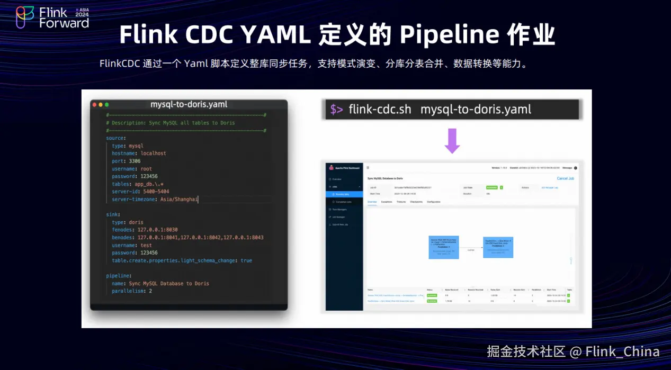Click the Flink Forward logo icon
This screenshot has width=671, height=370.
click(x=25, y=17)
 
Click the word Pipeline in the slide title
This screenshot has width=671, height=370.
click(x=450, y=35)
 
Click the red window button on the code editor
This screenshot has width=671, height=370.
click(x=95, y=105)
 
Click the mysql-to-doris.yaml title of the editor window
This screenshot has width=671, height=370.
click(x=189, y=104)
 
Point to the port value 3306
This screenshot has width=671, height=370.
click(x=135, y=161)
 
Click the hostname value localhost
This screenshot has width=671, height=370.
click(x=153, y=154)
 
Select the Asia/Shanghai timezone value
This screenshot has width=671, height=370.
click(x=179, y=200)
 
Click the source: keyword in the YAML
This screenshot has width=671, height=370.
click(x=116, y=138)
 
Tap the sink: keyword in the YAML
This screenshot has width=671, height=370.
click(x=113, y=214)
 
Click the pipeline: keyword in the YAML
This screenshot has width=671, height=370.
click(x=119, y=276)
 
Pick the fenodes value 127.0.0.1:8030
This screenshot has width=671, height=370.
click(x=158, y=230)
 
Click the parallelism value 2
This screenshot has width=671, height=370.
click(x=150, y=291)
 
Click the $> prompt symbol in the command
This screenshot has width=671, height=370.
click(x=336, y=110)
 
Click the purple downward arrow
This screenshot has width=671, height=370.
click(x=452, y=141)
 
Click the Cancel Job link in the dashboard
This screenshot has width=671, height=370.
click(x=565, y=178)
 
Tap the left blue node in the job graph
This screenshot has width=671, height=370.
click(x=444, y=247)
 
